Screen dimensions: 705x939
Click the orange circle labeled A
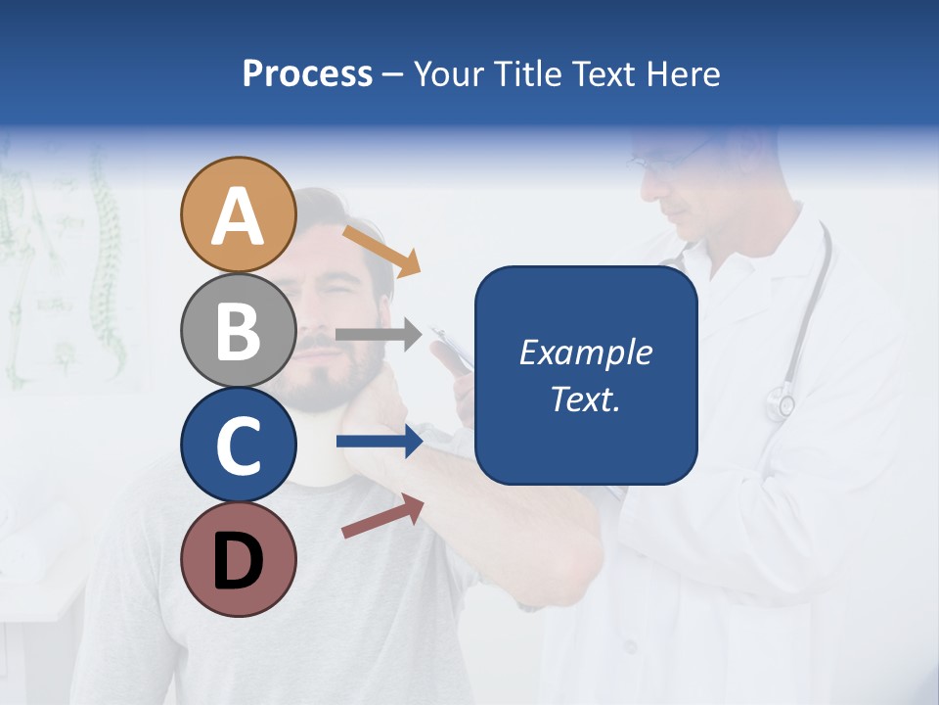(x=238, y=215)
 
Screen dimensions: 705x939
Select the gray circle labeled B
(x=238, y=330)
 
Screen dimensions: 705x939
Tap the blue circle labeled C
(x=238, y=445)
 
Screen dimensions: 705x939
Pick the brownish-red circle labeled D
(x=238, y=559)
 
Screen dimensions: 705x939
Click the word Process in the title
(x=307, y=73)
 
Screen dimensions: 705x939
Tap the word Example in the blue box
(x=585, y=352)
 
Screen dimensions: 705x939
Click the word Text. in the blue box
(x=585, y=399)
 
